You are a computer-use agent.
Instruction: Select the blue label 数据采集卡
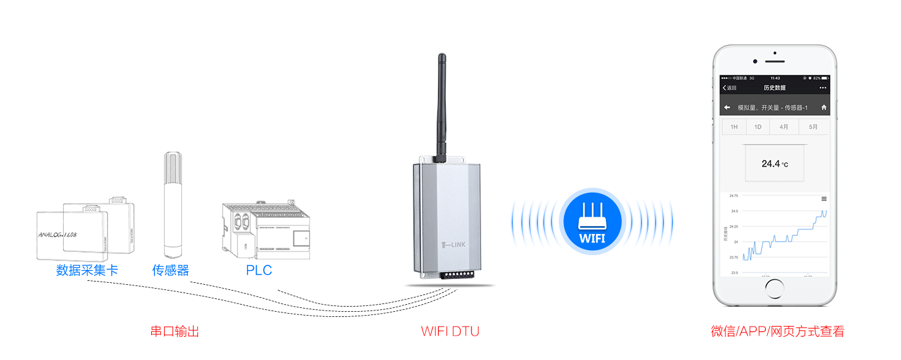pos(87,270)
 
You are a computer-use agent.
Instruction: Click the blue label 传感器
pos(171,270)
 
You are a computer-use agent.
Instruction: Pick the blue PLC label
pos(259,270)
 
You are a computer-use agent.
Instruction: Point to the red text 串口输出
pos(175,332)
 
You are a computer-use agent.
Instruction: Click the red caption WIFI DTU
pos(450,332)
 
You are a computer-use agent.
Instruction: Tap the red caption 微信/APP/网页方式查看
pos(777,332)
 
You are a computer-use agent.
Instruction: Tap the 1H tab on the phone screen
pos(734,127)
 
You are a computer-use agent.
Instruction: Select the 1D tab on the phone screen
pos(758,127)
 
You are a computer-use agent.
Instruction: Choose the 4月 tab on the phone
pos(784,127)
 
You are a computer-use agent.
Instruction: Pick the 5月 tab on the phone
pos(814,127)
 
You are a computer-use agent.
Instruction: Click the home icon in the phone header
pos(824,107)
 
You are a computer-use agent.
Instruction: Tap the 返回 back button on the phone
pos(730,87)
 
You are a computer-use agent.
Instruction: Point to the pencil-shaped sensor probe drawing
pos(172,203)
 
